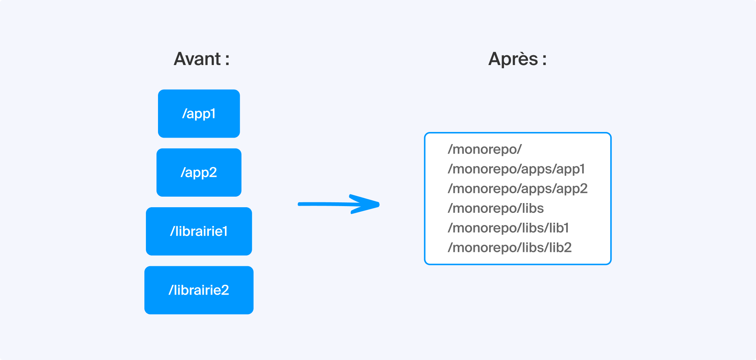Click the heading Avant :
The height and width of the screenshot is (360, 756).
coord(201,59)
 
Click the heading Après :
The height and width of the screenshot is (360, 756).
coord(517,59)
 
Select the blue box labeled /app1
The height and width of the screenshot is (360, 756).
coord(199,113)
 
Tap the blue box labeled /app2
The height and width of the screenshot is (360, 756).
coord(199,172)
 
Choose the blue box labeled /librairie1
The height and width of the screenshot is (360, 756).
coord(199,231)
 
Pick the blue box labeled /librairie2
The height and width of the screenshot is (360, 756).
coord(199,290)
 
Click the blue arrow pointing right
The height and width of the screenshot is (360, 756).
coord(339,204)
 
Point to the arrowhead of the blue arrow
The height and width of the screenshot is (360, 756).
coord(378,205)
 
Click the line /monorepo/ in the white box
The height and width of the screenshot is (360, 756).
coord(485,149)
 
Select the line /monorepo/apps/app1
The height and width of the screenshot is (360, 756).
coord(516,169)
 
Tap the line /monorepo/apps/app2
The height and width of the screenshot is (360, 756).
coord(517,189)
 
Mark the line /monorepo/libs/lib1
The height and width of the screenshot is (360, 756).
coord(508,228)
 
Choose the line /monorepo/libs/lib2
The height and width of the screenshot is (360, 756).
coord(510,248)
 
